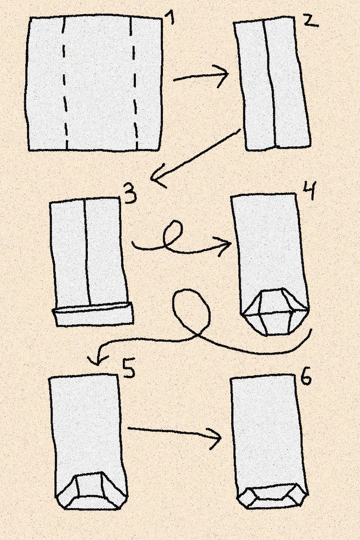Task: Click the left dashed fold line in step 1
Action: (x=64, y=83)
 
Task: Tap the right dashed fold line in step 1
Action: (x=134, y=83)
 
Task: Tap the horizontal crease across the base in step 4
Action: (x=275, y=313)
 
